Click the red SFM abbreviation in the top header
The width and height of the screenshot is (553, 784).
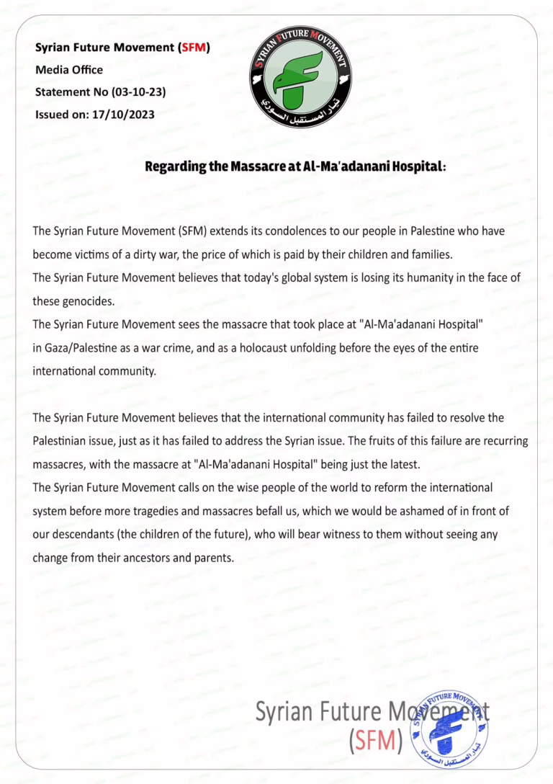click(194, 48)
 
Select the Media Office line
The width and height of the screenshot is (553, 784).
click(69, 70)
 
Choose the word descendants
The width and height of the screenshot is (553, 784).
click(84, 535)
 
